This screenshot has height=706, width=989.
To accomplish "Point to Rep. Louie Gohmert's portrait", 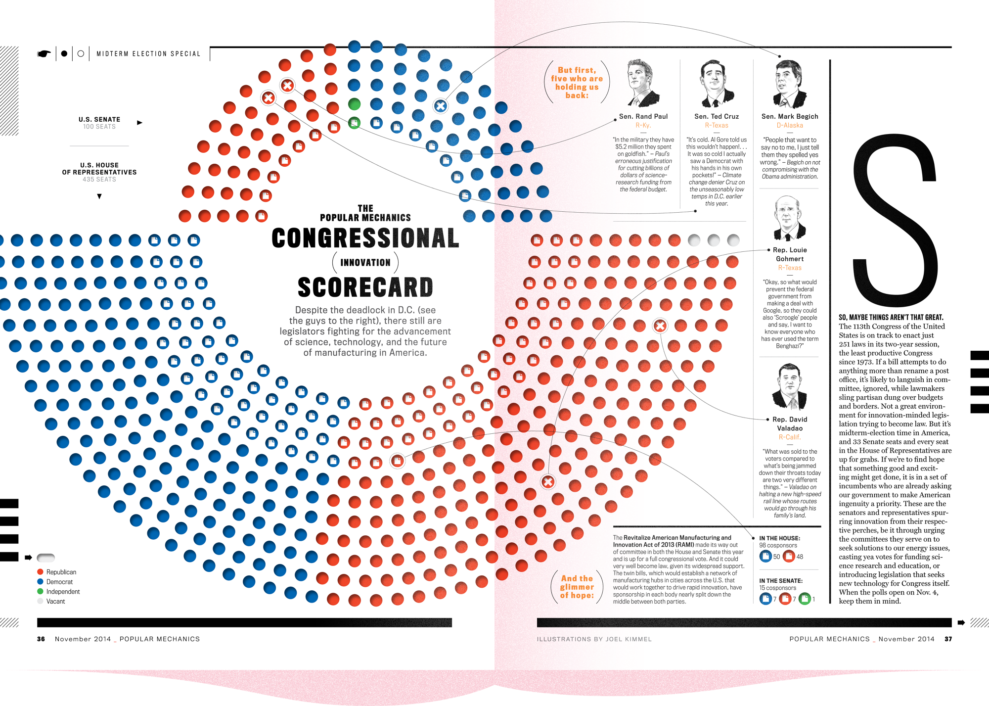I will click(x=789, y=218).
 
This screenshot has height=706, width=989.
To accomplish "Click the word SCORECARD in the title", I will click(x=365, y=287).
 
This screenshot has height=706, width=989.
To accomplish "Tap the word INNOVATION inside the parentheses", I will click(x=365, y=263).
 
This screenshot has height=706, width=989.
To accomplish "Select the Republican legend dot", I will click(x=40, y=572).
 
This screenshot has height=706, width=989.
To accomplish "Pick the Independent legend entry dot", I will click(x=40, y=591).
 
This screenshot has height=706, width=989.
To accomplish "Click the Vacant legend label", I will click(x=55, y=602).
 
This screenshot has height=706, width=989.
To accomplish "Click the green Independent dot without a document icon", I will click(x=354, y=104).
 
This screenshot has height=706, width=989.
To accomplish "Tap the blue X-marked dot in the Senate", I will click(x=441, y=106).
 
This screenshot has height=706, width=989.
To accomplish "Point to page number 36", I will click(x=41, y=639).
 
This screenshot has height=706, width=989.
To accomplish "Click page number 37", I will click(x=948, y=639).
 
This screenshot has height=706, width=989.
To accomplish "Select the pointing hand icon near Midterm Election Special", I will click(x=44, y=54).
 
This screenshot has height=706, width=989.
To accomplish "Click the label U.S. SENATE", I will click(x=99, y=119).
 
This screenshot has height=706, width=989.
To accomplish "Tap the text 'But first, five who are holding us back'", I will click(x=577, y=83).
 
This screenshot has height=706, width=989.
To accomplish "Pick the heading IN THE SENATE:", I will click(x=781, y=581).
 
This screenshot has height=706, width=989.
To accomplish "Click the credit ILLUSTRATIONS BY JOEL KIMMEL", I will click(x=594, y=639).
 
